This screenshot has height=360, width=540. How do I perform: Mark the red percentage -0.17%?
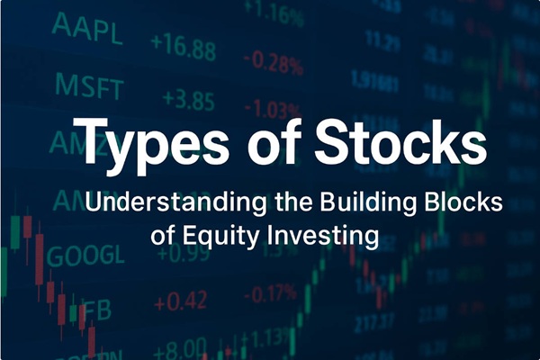(x=270, y=293)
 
